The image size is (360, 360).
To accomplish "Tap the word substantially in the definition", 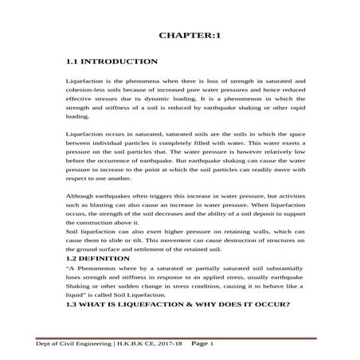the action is [x=272, y=270].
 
